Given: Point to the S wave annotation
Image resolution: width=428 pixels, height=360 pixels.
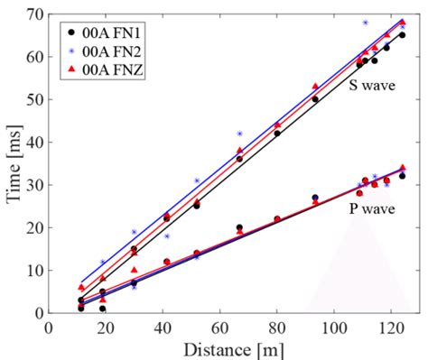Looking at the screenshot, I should click(374, 88).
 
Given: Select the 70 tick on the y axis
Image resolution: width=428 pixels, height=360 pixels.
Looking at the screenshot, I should click(35, 14).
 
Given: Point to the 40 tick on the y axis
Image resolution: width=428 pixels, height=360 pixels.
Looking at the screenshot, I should click(35, 142).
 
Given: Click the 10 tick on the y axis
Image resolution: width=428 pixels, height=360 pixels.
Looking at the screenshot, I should click(35, 271).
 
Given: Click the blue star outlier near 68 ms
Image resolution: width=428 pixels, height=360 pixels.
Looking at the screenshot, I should click(366, 23).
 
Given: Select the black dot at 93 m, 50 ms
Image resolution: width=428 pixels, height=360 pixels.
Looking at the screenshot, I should click(315, 99).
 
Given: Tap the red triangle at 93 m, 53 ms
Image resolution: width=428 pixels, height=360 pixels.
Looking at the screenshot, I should click(315, 87).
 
